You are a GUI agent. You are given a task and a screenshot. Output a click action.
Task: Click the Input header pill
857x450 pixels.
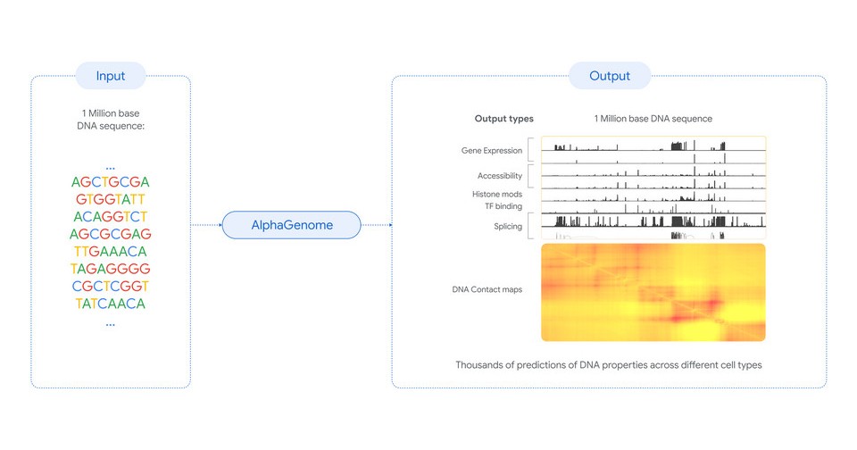pyautogui.click(x=111, y=76)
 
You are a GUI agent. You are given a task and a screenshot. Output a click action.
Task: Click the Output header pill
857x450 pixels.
pyautogui.click(x=610, y=76)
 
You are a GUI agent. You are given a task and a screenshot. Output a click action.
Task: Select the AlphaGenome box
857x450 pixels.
pyautogui.click(x=291, y=225)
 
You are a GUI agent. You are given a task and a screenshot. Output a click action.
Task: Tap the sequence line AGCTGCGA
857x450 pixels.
pyautogui.click(x=111, y=181)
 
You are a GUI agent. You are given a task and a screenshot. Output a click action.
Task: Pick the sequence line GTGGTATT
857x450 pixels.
pyautogui.click(x=111, y=199)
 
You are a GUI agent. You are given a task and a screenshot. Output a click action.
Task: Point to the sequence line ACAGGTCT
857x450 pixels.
pyautogui.click(x=111, y=217)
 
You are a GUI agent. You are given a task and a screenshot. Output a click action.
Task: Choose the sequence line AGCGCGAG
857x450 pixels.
pyautogui.click(x=111, y=234)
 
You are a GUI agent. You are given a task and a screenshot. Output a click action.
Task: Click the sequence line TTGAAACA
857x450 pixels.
pyautogui.click(x=111, y=252)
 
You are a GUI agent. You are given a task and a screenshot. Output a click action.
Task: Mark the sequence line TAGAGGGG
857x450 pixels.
pyautogui.click(x=111, y=269)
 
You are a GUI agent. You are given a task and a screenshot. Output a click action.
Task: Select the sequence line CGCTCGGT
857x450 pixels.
pyautogui.click(x=111, y=286)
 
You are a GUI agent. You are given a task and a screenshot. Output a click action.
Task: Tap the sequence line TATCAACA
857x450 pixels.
pyautogui.click(x=111, y=304)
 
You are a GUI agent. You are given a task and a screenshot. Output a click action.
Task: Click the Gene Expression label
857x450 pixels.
pyautogui.click(x=491, y=151)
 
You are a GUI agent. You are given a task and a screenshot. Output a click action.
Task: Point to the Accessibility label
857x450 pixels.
pyautogui.click(x=500, y=176)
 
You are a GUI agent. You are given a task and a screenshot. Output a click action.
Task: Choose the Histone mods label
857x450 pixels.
pyautogui.click(x=497, y=194)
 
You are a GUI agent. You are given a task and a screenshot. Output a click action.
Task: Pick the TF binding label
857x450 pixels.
pyautogui.click(x=503, y=206)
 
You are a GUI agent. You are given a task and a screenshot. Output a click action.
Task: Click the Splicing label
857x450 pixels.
pyautogui.click(x=508, y=227)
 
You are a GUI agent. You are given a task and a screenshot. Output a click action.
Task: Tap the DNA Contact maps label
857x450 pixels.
pyautogui.click(x=487, y=289)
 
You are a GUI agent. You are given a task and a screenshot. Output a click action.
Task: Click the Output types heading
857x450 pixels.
pyautogui.click(x=503, y=119)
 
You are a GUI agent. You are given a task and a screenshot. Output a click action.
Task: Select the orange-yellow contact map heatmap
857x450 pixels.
pyautogui.click(x=653, y=293)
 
